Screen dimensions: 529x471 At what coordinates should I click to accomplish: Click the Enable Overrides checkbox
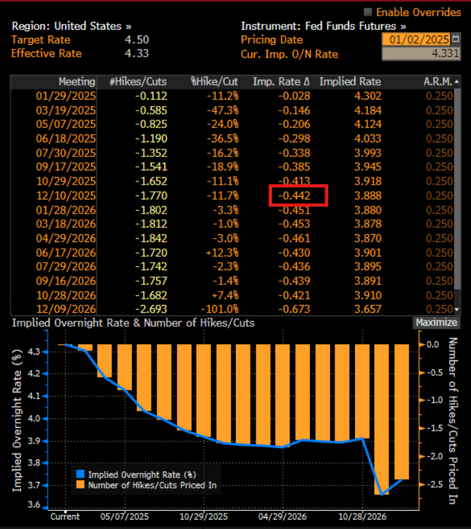tap(368, 12)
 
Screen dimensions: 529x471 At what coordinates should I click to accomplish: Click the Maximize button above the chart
tap(436, 322)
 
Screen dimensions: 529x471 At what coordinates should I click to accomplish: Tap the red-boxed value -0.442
tap(298, 195)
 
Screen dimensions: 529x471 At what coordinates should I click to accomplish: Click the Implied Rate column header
tap(350, 82)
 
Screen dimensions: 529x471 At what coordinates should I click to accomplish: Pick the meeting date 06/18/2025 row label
tap(65, 138)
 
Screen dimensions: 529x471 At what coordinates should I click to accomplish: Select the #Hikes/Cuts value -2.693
tap(151, 309)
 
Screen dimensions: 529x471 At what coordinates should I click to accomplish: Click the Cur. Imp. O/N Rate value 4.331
tap(445, 54)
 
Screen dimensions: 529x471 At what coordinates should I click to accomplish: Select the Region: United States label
tap(72, 26)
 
